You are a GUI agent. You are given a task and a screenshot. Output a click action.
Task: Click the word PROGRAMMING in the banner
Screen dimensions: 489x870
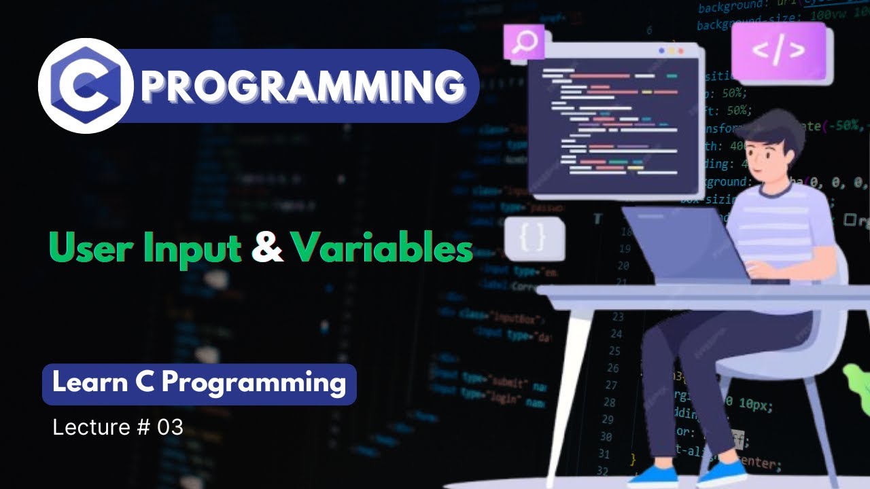(x=303, y=86)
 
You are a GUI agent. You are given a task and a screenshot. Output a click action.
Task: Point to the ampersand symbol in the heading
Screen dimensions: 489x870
(x=267, y=249)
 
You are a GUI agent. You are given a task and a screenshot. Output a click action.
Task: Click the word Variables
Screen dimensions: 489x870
(x=382, y=249)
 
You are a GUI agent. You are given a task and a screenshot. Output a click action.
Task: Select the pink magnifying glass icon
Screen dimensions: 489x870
(x=524, y=42)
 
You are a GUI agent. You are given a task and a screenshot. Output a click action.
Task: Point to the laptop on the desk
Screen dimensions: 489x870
(x=686, y=244)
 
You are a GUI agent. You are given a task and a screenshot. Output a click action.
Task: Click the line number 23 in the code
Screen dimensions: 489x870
(x=617, y=316)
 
